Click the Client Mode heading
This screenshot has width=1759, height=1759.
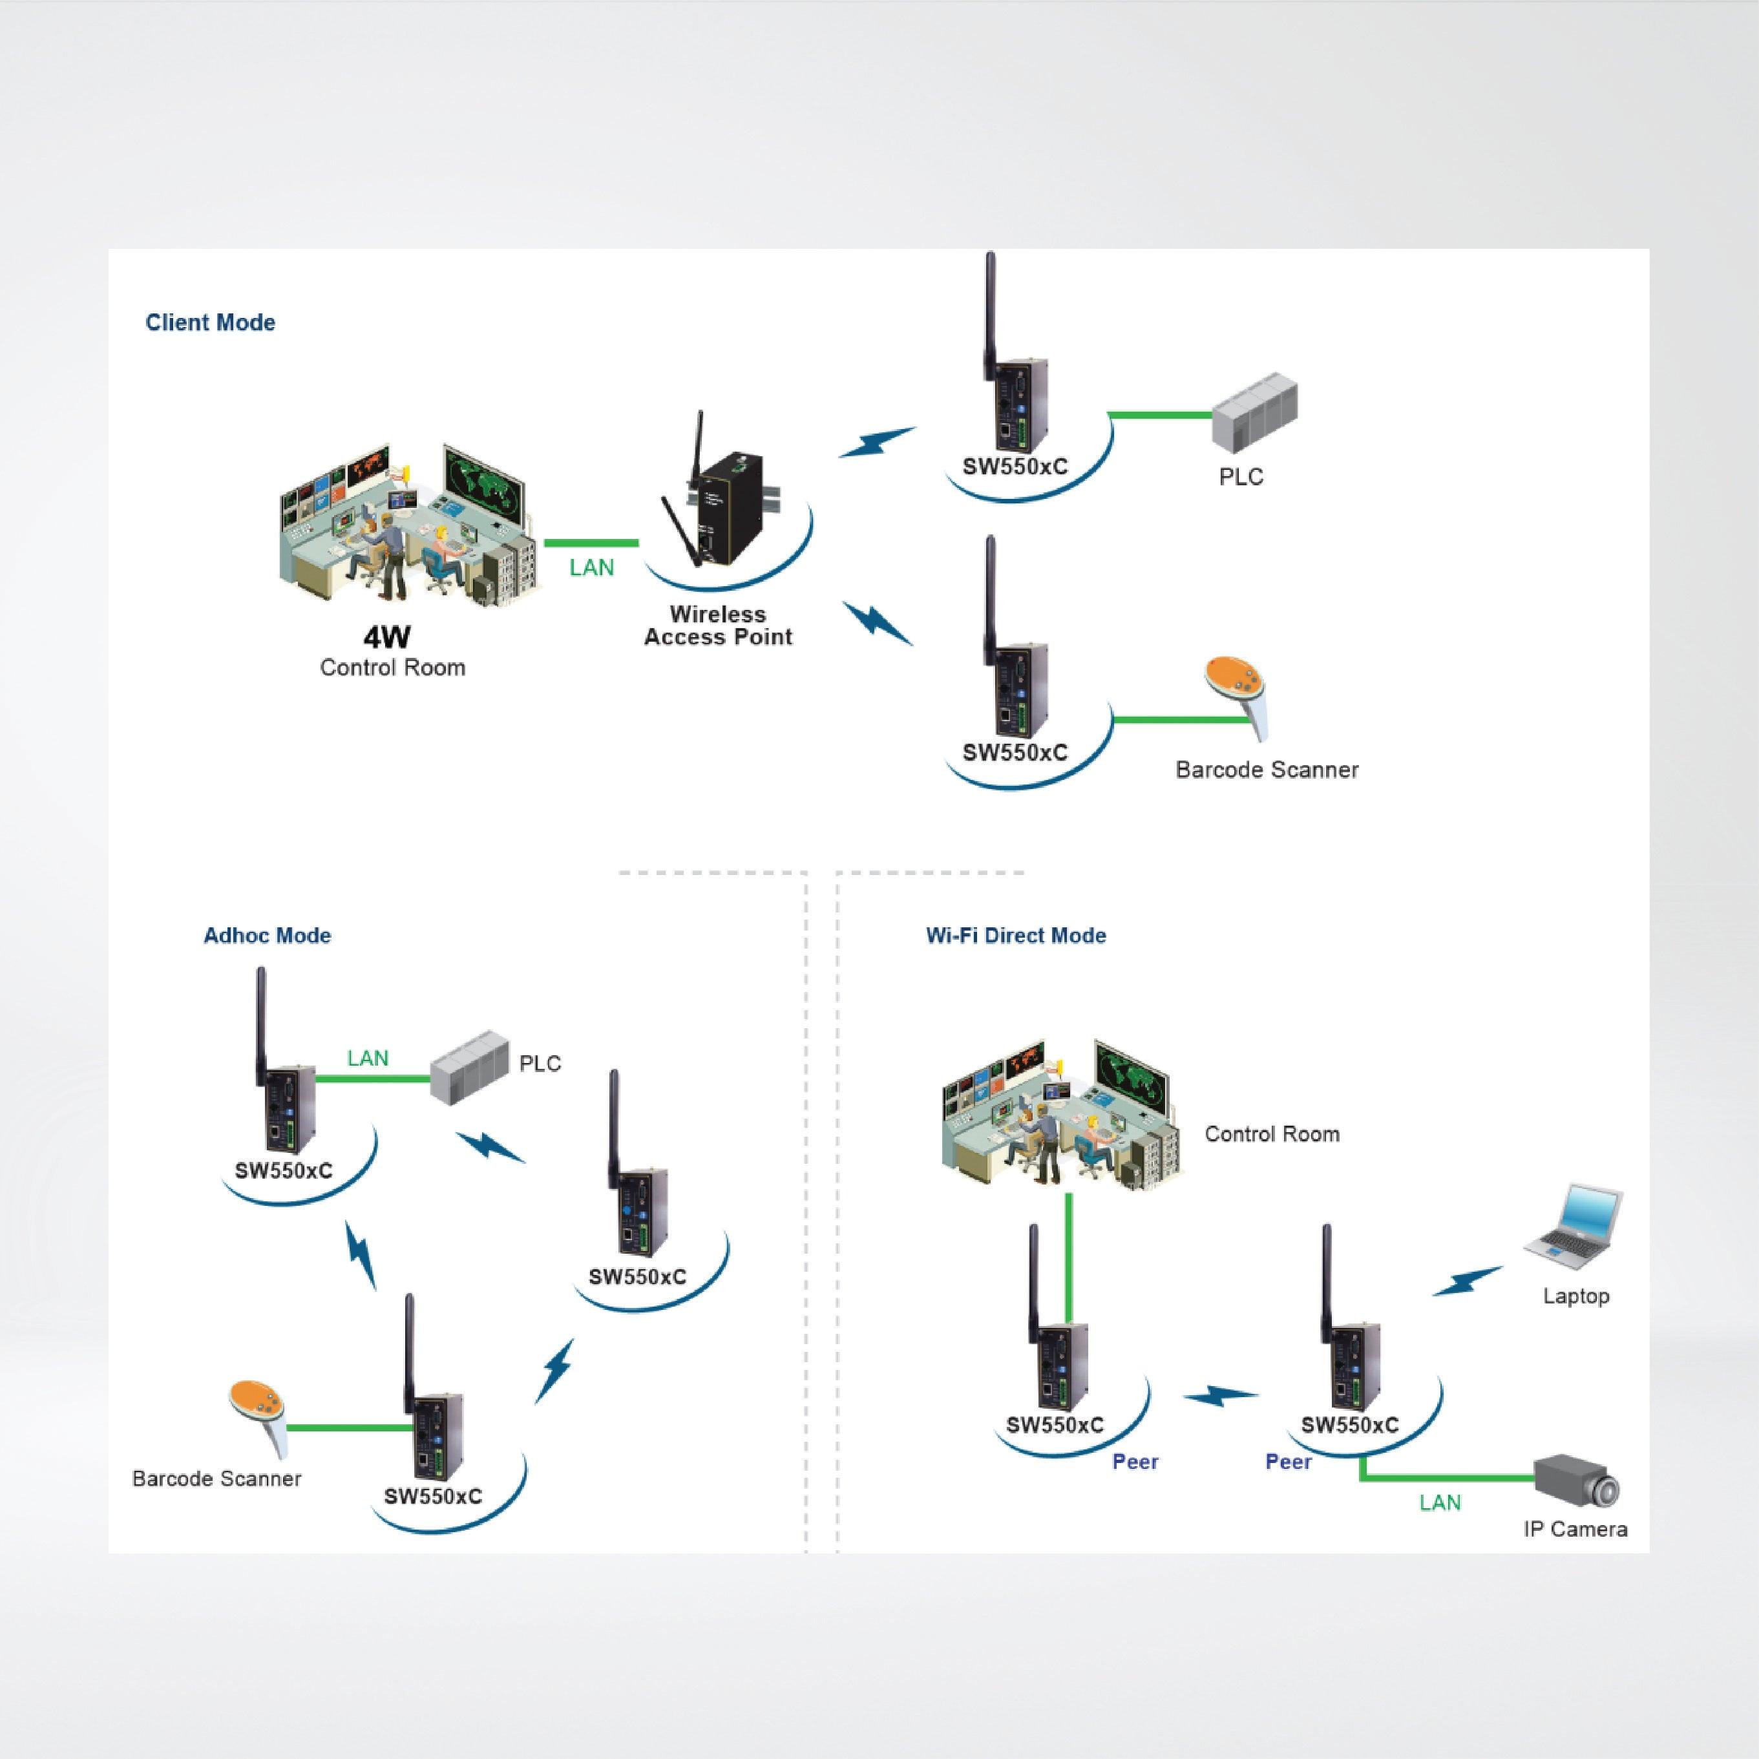210,322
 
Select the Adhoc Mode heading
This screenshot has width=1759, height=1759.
267,935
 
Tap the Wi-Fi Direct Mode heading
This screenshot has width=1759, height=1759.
1015,935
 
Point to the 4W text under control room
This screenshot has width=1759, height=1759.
387,637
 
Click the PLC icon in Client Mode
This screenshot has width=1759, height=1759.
1254,415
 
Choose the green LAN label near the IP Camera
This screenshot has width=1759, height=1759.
1439,1503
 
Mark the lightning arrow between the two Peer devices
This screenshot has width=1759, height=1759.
1219,1396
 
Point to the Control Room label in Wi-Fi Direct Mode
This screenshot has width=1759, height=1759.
1271,1133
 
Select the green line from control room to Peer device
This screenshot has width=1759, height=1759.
1069,1265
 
